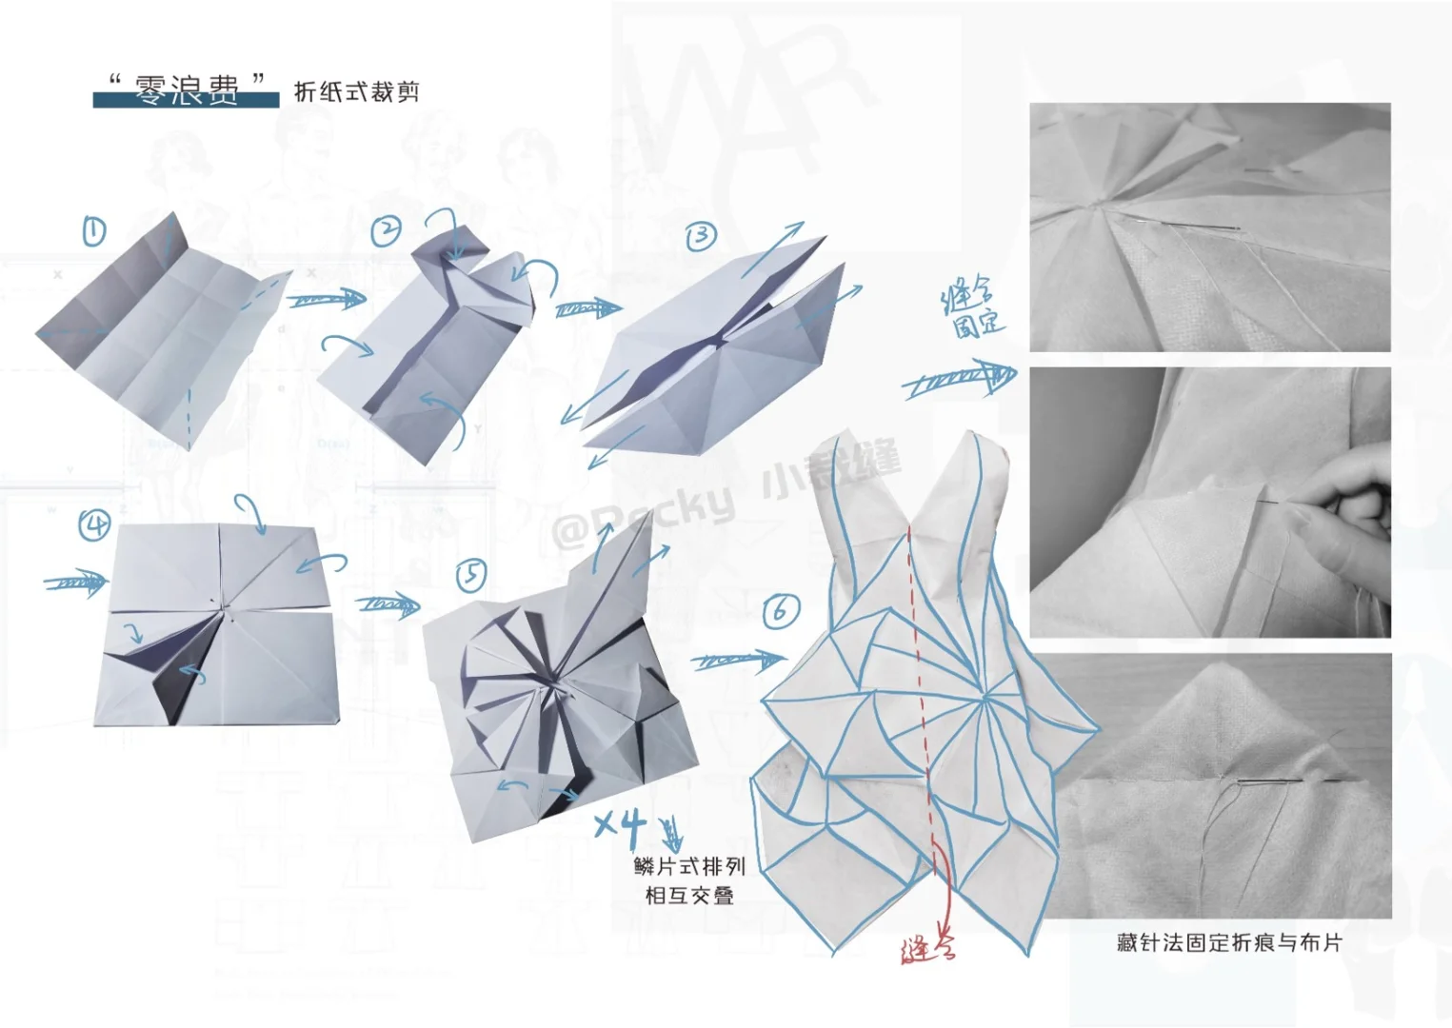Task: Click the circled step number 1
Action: click(x=93, y=231)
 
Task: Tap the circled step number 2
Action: click(x=386, y=230)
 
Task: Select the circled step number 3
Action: click(x=701, y=235)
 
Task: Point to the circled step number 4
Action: click(x=94, y=524)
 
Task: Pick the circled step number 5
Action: click(x=471, y=575)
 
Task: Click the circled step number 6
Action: click(x=781, y=610)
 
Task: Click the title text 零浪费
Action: click(x=187, y=89)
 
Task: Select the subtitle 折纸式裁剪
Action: click(x=356, y=91)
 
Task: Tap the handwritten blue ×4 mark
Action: click(x=620, y=824)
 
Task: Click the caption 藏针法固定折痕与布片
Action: click(x=1229, y=942)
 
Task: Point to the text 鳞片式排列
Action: click(x=689, y=866)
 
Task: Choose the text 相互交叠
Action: click(x=689, y=896)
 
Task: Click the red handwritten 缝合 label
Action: click(x=927, y=949)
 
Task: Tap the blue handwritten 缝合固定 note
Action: click(x=972, y=308)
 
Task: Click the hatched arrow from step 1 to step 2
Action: click(x=328, y=301)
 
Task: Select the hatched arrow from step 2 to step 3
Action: click(x=587, y=308)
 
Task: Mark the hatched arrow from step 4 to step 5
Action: click(x=388, y=604)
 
